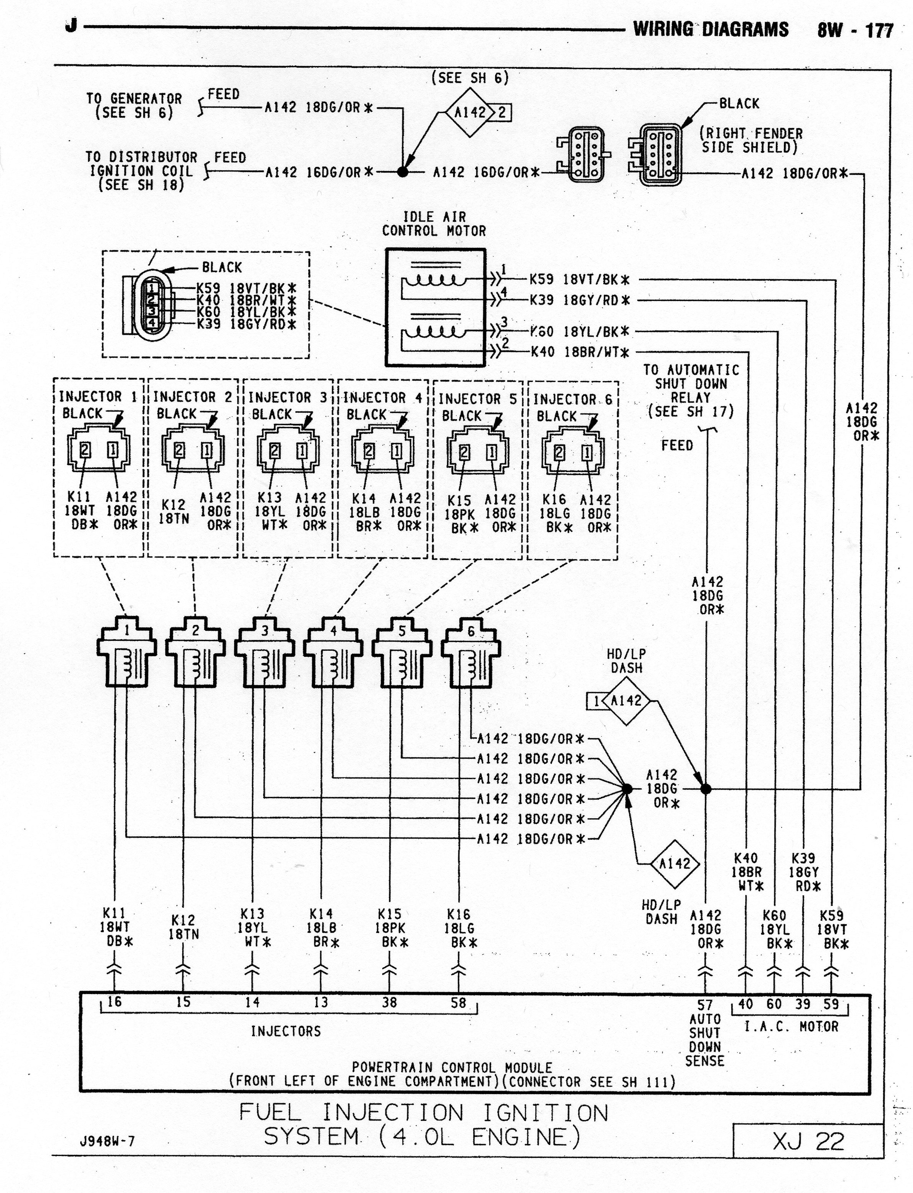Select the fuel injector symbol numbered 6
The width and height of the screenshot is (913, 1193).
point(471,652)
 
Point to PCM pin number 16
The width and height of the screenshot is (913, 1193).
point(114,1001)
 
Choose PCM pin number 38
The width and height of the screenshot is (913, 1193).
point(389,1002)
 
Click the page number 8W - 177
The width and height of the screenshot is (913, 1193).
point(855,30)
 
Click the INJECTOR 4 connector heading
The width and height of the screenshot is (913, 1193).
point(383,398)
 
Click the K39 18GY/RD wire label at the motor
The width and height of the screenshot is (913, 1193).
point(580,299)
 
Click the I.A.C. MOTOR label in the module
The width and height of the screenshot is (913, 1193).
point(791,1027)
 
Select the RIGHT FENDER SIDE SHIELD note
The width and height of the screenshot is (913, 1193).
point(751,140)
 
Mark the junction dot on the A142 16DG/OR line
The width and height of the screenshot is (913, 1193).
point(403,172)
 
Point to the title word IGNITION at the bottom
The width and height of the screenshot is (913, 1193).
point(545,1113)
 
